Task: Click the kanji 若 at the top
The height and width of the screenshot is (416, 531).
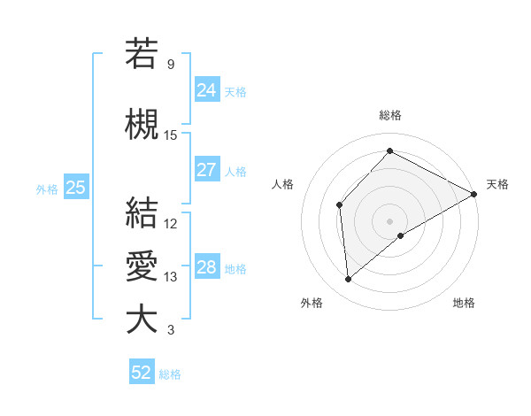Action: [x=142, y=53]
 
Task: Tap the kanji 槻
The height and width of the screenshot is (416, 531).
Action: [x=142, y=125]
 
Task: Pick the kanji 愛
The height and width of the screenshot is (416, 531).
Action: [x=142, y=266]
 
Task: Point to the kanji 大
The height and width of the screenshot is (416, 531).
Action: [x=142, y=320]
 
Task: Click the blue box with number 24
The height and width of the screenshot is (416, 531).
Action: [x=207, y=89]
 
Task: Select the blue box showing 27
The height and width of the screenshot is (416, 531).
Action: [x=207, y=170]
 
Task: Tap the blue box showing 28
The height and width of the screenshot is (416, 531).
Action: [x=207, y=267]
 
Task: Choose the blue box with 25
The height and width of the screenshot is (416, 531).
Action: [x=75, y=188]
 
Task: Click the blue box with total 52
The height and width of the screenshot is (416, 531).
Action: [x=142, y=373]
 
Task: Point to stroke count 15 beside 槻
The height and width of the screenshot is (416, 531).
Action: [x=171, y=135]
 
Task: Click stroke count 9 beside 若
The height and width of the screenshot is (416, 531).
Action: [x=171, y=64]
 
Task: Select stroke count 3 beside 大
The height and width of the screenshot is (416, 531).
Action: [x=171, y=330]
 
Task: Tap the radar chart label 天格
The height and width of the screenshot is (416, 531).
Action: [x=497, y=184]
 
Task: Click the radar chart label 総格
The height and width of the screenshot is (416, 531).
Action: [x=390, y=115]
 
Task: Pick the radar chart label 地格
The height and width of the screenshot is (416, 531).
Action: [x=464, y=303]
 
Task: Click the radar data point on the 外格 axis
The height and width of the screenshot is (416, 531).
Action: [x=349, y=280]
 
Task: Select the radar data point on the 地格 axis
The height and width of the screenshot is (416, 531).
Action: [x=401, y=235]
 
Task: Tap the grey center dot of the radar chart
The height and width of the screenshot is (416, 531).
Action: [x=390, y=220]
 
